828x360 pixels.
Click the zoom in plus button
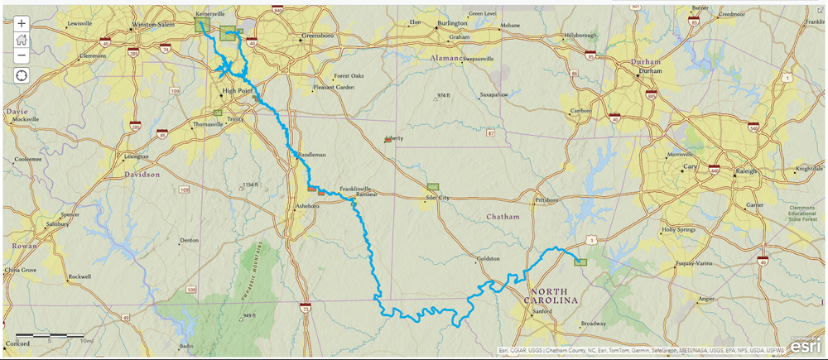coord(22,23)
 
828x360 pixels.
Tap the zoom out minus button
coord(22,55)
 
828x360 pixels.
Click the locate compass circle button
coord(22,75)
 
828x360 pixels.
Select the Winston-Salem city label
coord(153,25)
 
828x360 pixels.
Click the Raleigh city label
coord(747,170)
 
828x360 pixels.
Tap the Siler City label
coord(436,199)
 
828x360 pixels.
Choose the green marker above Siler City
coord(432,188)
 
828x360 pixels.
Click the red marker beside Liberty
coord(387,141)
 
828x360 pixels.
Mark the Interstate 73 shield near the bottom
coord(306,308)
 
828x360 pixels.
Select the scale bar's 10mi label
coord(85,340)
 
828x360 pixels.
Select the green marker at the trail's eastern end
coord(580,261)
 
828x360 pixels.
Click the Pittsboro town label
coord(547,200)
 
